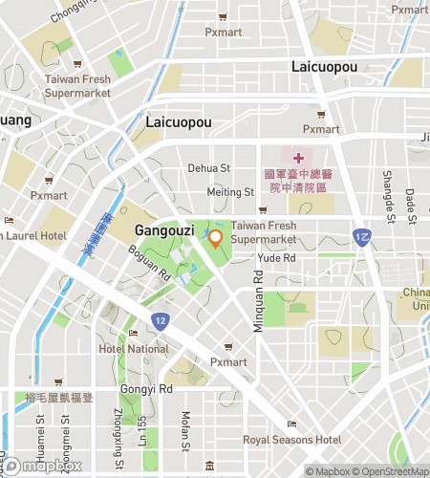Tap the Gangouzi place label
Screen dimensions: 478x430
165,230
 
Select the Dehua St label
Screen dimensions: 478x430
210,167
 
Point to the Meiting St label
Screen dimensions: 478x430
230,192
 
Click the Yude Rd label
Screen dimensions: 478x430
276,258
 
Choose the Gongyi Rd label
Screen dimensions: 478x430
146,389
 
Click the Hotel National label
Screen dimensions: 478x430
133,349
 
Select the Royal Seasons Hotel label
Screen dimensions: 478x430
291,440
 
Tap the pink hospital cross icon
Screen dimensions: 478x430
297,157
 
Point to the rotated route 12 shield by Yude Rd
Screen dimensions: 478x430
361,236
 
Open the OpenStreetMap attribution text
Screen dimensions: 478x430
392,471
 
